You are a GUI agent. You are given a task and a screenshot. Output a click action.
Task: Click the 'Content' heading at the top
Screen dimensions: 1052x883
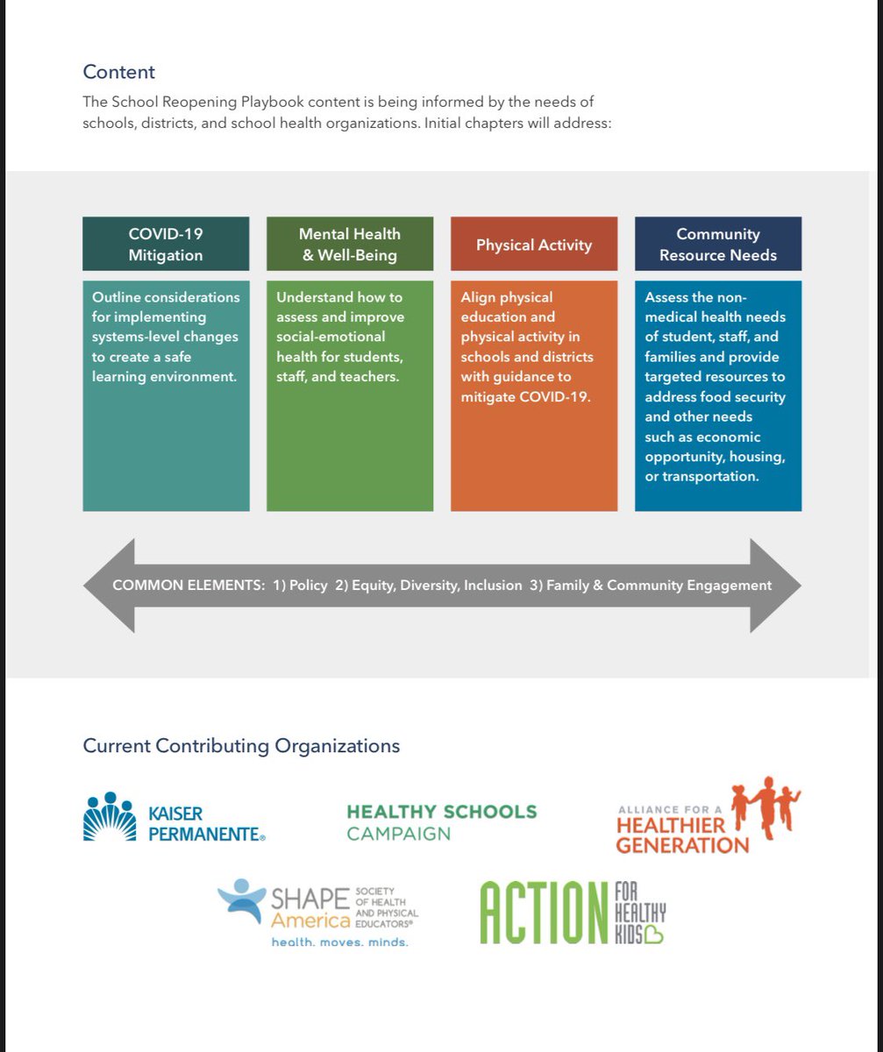[118, 71]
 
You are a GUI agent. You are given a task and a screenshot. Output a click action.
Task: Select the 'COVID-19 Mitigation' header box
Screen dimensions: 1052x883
[166, 245]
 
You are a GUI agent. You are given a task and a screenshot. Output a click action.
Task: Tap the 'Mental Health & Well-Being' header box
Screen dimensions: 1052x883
[350, 245]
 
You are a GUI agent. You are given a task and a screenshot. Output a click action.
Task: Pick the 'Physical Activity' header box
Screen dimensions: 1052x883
[534, 245]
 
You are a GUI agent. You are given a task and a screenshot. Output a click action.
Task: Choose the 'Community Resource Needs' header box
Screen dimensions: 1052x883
[718, 245]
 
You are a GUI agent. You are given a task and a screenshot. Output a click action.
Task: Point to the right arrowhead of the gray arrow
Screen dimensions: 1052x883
[776, 585]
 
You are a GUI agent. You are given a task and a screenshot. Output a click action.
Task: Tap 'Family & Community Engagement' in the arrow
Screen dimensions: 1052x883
[659, 585]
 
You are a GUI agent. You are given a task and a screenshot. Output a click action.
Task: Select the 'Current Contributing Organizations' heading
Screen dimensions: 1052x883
[241, 746]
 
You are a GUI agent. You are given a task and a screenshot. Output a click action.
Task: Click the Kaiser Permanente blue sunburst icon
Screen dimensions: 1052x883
[110, 817]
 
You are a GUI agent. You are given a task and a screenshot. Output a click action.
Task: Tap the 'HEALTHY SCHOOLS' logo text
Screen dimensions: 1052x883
[442, 812]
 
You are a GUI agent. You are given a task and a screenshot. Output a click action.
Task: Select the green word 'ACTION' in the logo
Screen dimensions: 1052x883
[544, 913]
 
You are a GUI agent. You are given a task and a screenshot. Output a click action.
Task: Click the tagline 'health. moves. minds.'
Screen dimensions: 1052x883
[340, 942]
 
